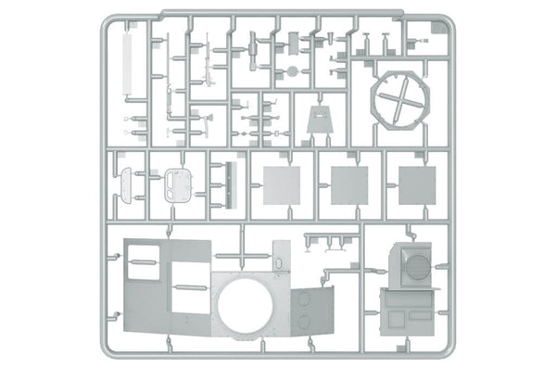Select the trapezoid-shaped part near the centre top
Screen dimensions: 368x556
click(x=321, y=122)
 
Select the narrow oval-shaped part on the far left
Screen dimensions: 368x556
click(x=127, y=184)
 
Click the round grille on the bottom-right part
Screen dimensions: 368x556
click(x=418, y=266)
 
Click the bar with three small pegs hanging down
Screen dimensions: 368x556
click(x=329, y=242)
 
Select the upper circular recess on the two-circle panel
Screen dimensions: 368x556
click(x=303, y=298)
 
